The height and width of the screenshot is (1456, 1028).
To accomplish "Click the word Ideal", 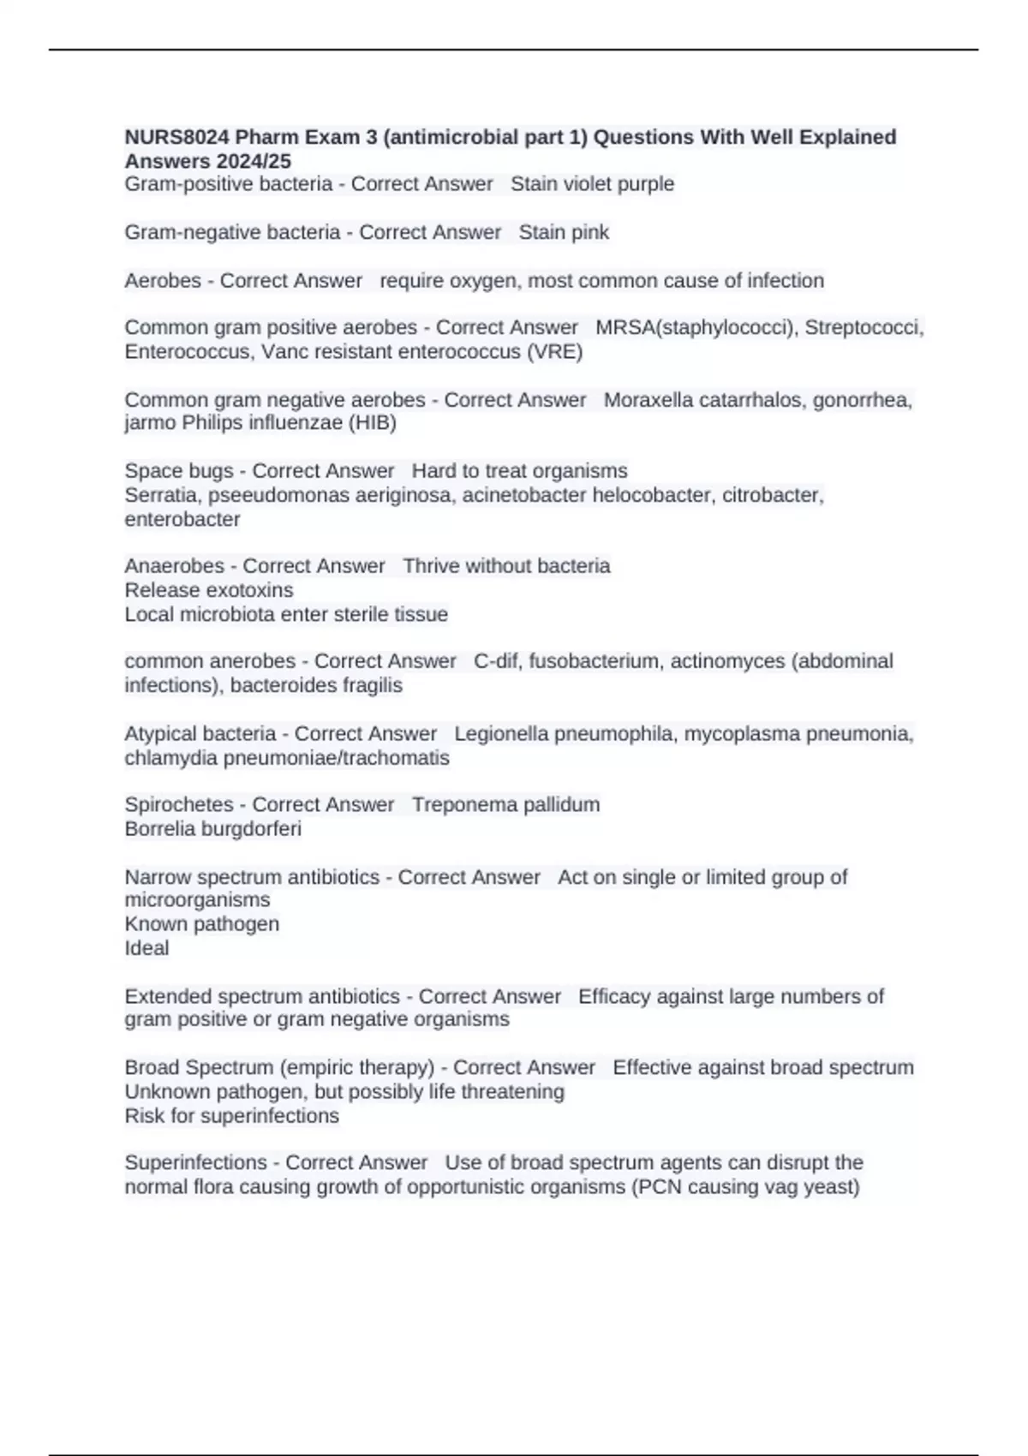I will click(x=146, y=948).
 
